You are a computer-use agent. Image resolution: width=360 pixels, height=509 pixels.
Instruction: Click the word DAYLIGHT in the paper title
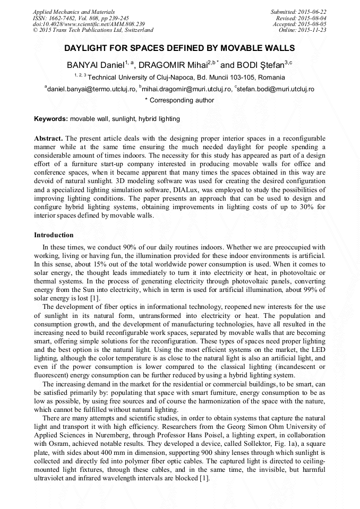tap(87, 48)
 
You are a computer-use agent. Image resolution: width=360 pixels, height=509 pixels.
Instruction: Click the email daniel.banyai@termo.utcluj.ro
tap(92, 89)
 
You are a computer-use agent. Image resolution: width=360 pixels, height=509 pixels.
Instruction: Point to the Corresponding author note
tap(179, 100)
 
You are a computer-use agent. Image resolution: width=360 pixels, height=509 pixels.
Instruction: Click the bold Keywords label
tap(51, 119)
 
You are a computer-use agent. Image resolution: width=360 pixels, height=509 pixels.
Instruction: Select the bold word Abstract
tap(48, 138)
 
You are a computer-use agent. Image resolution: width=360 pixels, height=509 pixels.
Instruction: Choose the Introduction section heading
tap(54, 235)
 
